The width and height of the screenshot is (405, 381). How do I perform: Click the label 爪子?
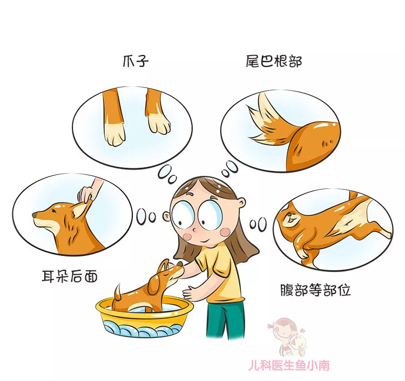pos(135,61)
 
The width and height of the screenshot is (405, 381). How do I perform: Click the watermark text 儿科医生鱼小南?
pos(295,365)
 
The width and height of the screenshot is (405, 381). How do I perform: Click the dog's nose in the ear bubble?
pos(35,216)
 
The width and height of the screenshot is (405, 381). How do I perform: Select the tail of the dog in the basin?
pos(117,292)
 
